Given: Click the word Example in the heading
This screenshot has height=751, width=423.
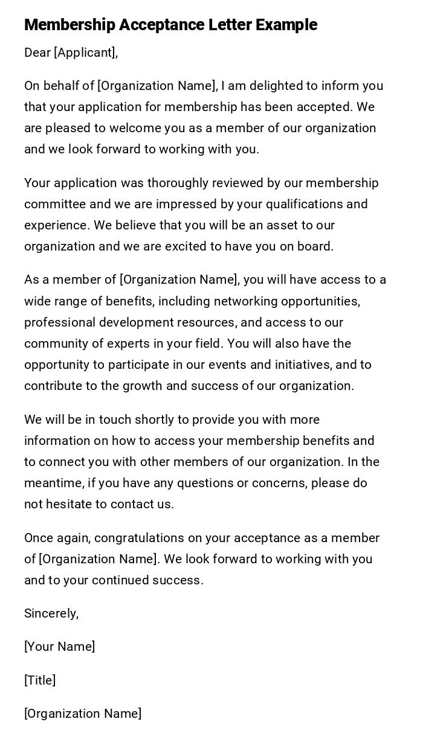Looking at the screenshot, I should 286,25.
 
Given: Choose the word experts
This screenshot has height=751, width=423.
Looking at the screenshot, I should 126,344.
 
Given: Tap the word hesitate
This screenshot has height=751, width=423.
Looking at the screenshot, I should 72,504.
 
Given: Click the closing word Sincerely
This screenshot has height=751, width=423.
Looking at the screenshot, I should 51,613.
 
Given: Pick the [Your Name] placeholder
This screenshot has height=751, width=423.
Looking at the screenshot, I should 59,647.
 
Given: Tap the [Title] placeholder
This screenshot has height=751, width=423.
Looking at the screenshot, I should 40,680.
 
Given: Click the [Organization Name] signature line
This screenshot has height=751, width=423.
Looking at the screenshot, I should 83,714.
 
